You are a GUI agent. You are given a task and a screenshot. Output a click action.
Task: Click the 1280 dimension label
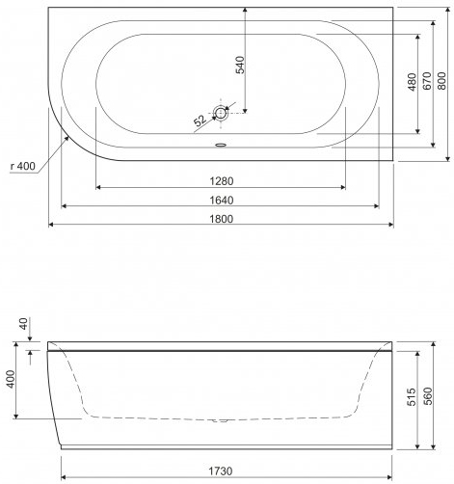(222, 181)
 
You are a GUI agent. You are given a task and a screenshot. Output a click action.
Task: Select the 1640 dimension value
(222, 201)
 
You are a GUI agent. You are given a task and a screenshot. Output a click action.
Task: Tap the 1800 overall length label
(222, 219)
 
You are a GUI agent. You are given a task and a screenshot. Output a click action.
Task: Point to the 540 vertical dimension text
(240, 65)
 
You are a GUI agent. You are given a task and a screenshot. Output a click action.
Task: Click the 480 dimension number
(412, 82)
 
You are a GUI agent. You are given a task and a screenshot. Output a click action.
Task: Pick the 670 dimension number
(427, 81)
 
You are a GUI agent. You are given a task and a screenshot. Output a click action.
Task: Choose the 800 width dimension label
(442, 81)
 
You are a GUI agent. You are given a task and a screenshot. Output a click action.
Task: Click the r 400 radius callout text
(23, 166)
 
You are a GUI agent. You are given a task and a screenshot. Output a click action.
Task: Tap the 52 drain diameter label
(200, 121)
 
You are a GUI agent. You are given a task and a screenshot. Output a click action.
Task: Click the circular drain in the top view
(221, 113)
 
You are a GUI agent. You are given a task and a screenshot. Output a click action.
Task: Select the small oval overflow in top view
(221, 145)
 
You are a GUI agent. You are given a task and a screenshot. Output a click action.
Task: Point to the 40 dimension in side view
(24, 324)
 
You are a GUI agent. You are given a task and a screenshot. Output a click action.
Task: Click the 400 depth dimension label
(11, 379)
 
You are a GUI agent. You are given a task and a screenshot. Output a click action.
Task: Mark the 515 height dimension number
(412, 397)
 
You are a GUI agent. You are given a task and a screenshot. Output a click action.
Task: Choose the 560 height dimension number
(428, 396)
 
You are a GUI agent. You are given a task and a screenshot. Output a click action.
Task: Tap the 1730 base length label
(221, 471)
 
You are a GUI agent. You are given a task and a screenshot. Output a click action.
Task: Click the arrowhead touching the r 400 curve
(67, 138)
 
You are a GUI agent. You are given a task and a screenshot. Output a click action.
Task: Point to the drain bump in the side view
(221, 420)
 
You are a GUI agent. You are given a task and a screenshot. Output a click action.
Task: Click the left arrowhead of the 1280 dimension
(98, 187)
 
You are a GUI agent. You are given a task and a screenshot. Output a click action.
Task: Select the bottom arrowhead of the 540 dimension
(245, 111)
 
